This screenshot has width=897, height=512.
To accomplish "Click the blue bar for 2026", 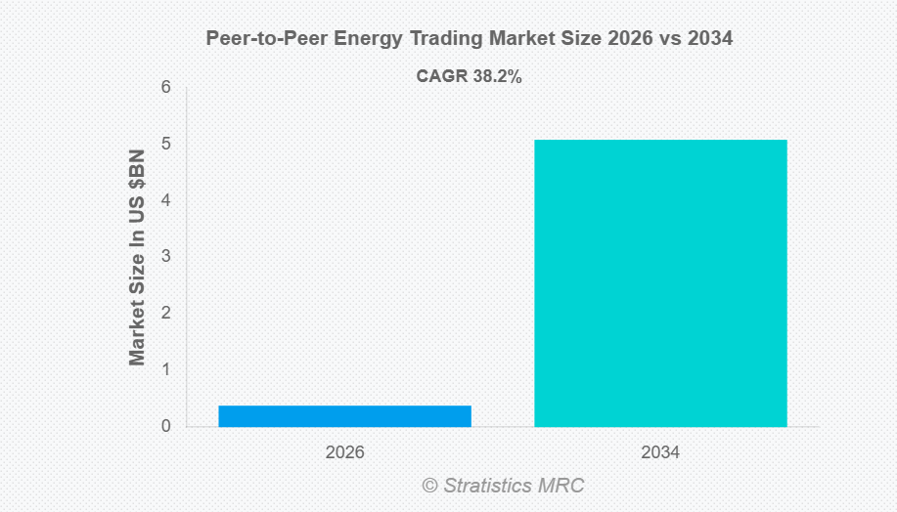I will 344,416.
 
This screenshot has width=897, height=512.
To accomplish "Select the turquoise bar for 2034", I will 660,283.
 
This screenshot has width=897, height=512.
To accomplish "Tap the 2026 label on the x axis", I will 344,453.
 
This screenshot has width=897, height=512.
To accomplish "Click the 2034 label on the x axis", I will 660,453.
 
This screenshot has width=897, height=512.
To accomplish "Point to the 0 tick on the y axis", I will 166,427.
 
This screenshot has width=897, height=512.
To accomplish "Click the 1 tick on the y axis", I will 166,370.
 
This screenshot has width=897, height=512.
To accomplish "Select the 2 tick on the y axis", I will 166,314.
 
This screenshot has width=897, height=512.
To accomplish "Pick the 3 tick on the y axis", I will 166,257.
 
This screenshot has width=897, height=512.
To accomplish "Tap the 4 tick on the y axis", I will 166,200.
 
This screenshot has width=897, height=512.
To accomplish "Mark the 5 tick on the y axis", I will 166,144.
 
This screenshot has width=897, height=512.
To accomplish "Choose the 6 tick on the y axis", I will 166,87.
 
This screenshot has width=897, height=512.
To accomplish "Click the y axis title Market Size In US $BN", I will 137,257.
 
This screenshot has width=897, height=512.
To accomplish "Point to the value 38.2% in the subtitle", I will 497,76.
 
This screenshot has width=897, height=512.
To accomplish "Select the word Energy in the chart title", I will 346,39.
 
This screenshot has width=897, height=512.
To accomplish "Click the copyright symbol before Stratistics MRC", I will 429,486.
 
